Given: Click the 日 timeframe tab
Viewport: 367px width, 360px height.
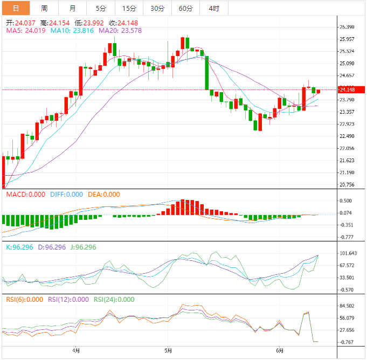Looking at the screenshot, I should [x=16, y=8].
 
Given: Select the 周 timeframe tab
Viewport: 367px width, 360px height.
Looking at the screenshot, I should [x=44, y=8].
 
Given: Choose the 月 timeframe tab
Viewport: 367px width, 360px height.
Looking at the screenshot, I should [x=72, y=8].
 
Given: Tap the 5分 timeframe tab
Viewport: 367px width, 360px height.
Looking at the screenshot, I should [x=101, y=8].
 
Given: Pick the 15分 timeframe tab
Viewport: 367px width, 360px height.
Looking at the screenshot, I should [x=129, y=8].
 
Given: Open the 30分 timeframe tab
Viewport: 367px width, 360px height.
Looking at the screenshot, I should [x=157, y=8].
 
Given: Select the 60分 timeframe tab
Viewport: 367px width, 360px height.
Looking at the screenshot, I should [x=185, y=8].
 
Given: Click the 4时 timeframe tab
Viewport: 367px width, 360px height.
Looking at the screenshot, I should [x=213, y=8].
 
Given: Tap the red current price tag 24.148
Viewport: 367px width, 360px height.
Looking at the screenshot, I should [x=352, y=89].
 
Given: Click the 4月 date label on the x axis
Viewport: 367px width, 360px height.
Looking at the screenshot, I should [x=76, y=351].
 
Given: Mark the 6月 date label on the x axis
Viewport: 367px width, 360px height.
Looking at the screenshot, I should [x=279, y=351].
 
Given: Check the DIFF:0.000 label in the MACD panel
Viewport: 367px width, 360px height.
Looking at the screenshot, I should [x=67, y=195].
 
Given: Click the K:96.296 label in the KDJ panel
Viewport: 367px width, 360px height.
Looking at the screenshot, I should [x=18, y=247].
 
